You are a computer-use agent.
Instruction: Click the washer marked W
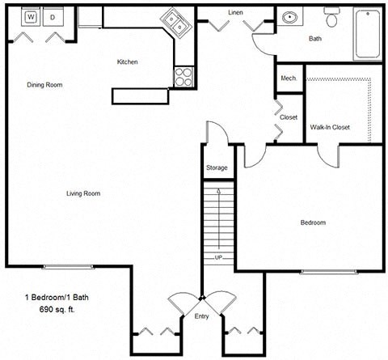point(30,16)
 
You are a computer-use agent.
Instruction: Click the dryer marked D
point(53,16)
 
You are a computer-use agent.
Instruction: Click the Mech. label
point(289,78)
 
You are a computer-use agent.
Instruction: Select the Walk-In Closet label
point(329,127)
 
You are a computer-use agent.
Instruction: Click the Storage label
point(216,167)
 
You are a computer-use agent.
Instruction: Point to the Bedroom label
point(313,222)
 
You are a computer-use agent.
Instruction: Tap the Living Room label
point(82,193)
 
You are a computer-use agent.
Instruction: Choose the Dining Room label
point(44,85)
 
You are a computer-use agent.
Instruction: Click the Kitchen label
point(128,61)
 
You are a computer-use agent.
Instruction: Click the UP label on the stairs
point(218,257)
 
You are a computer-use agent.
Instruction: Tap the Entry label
point(201,316)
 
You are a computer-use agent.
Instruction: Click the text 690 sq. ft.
point(56,310)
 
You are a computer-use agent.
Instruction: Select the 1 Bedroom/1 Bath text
point(56,299)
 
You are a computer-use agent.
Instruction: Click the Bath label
point(316,38)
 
